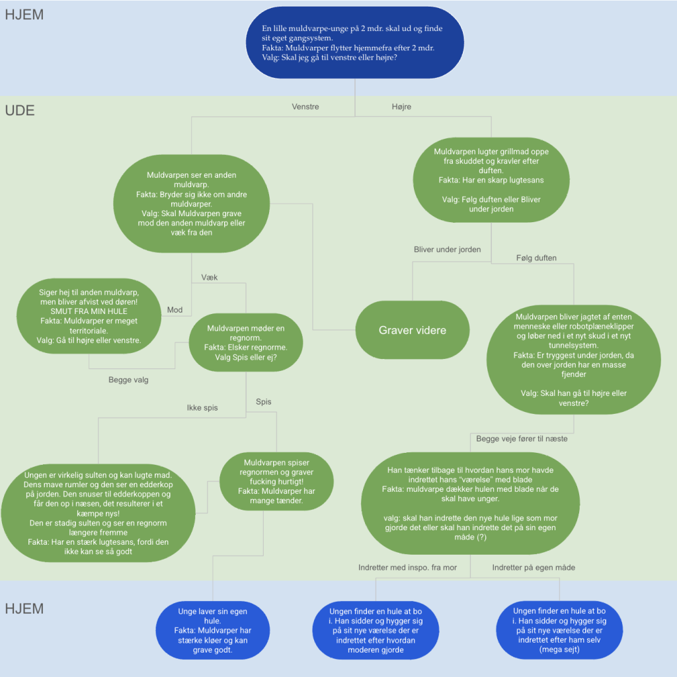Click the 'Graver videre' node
(413, 330)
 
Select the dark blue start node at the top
(355, 42)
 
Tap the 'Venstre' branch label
(305, 106)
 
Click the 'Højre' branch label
(401, 106)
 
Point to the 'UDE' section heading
(20, 110)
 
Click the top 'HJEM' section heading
(24, 15)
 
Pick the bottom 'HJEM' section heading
(24, 608)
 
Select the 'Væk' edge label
(210, 278)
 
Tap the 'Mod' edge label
(175, 309)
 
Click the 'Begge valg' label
(128, 380)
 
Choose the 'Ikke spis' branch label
(202, 407)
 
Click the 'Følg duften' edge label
(536, 258)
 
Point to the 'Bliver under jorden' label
(448, 249)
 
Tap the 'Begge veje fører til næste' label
(522, 439)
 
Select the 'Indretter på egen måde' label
(534, 567)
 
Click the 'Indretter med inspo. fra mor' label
(407, 567)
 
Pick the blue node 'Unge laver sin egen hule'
(213, 630)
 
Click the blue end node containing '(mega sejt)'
(559, 630)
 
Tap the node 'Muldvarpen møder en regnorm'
(246, 342)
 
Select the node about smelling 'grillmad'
(491, 180)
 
